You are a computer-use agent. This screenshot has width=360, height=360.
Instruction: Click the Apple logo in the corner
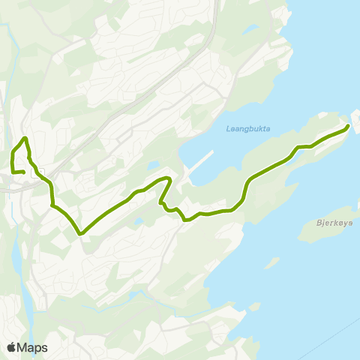[11, 347]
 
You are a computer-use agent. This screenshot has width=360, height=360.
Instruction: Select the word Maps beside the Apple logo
[32, 347]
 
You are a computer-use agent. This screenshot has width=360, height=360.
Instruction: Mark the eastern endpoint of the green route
[348, 127]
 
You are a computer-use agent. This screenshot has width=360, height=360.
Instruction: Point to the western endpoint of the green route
[24, 172]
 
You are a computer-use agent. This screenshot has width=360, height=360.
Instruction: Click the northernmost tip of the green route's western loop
[25, 138]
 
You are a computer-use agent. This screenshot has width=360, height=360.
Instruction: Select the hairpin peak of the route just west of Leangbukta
[171, 179]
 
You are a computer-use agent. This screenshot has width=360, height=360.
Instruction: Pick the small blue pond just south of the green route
[139, 221]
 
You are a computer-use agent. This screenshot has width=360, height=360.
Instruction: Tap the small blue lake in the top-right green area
[249, 29]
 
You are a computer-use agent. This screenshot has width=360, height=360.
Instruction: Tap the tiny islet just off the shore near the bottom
[256, 307]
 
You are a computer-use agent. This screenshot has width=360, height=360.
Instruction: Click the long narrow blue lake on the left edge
[16, 259]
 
